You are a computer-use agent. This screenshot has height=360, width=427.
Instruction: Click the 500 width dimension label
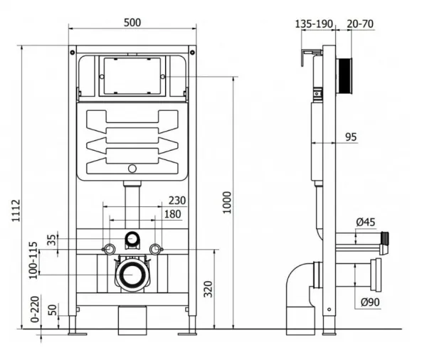coord(132,23)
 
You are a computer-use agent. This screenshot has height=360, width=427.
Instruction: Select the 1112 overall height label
coord(16,211)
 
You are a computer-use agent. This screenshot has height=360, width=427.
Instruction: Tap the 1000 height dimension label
coord(227,202)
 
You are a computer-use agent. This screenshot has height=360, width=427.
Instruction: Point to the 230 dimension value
coord(177,201)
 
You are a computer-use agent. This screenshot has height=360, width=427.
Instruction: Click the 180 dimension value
coord(173,214)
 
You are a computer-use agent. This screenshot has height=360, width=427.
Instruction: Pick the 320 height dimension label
coord(208,289)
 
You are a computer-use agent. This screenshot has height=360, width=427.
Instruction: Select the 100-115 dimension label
coord(33,260)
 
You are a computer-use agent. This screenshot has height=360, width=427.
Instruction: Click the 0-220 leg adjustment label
coord(35,309)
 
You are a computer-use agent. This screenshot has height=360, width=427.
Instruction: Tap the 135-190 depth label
coord(314,24)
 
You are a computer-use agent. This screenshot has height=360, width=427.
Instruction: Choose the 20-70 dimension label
coord(360,24)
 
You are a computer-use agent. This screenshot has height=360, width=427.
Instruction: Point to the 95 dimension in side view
coord(351,137)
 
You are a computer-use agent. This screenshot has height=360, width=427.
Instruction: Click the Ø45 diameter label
coord(366,222)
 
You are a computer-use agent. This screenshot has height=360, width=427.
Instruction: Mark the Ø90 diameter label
coord(370,302)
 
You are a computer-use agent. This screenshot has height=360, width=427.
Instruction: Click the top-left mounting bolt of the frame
coord(73,52)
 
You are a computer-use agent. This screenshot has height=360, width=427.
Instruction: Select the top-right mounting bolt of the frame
coord(192,52)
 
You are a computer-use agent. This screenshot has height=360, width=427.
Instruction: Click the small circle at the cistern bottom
coord(132,169)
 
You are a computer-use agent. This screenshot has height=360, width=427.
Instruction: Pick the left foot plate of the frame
coord(78,334)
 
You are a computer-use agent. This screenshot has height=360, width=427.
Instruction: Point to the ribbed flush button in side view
coord(345,76)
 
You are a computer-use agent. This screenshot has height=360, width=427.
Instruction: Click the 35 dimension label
coord(52,240)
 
